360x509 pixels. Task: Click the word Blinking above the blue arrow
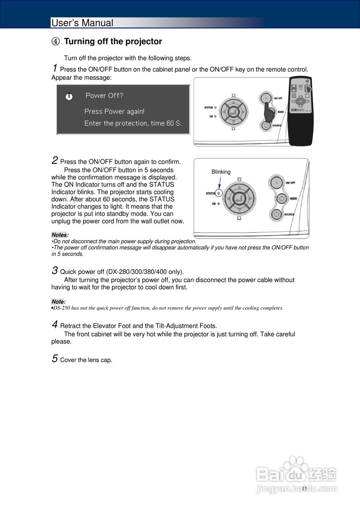[221, 172]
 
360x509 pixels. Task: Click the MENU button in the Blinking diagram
[281, 198]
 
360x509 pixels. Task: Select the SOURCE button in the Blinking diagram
[276, 214]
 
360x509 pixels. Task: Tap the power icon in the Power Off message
[69, 96]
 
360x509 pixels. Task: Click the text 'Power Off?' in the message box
[105, 95]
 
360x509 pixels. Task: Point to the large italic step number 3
[55, 270]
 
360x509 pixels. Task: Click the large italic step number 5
[55, 359]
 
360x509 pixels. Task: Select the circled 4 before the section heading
[56, 42]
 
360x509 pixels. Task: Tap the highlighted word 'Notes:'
[60, 235]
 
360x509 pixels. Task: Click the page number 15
[304, 489]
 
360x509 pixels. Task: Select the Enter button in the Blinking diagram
[239, 198]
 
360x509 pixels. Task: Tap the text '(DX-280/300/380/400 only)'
[145, 272]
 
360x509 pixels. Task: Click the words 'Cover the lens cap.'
[86, 360]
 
